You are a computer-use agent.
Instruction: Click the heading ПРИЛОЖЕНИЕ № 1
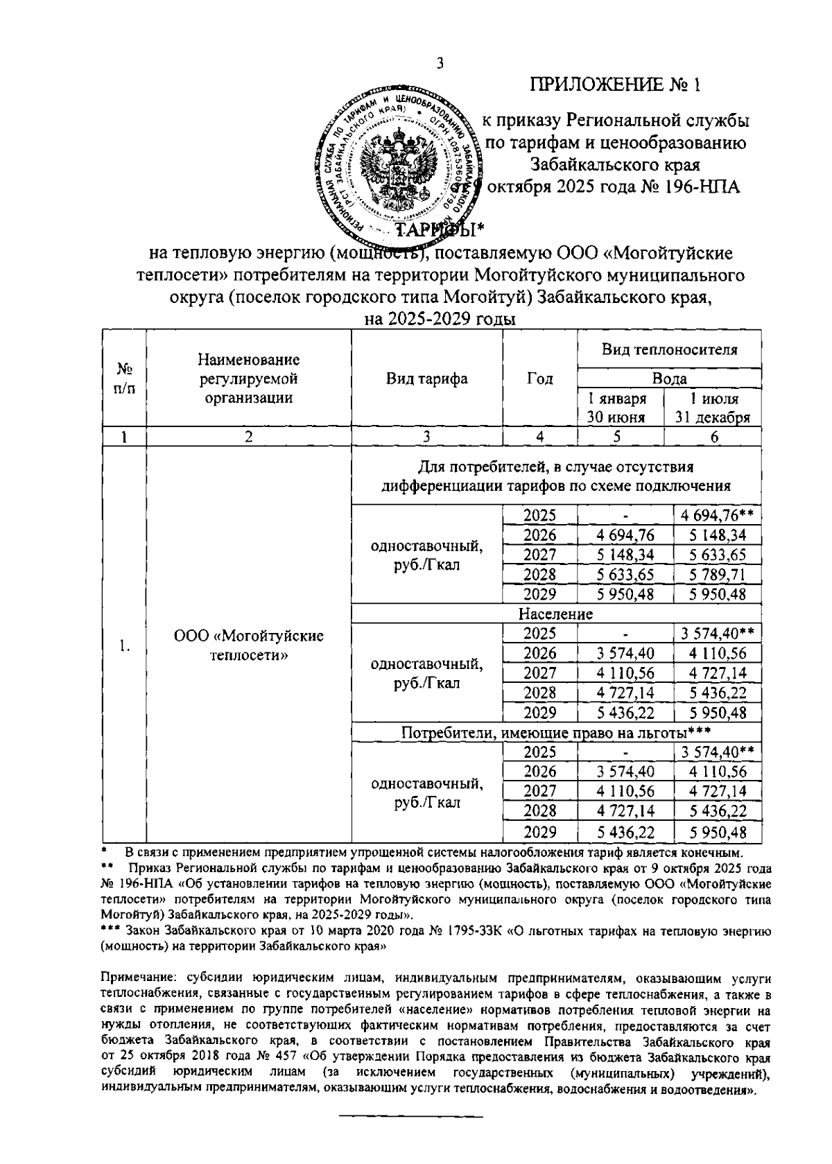(x=616, y=85)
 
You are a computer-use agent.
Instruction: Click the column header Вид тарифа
(x=426, y=379)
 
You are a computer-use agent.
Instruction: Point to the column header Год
(x=540, y=379)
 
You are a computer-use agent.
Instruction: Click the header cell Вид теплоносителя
(x=669, y=349)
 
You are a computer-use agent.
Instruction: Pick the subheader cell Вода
(x=669, y=379)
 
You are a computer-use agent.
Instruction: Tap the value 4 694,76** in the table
(x=716, y=515)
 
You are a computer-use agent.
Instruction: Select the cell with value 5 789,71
(x=713, y=574)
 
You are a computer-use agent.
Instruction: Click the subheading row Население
(x=556, y=614)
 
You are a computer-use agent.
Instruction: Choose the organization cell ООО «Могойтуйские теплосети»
(x=249, y=645)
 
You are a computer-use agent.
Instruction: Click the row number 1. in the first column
(x=124, y=646)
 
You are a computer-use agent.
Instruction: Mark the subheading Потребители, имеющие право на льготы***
(x=556, y=732)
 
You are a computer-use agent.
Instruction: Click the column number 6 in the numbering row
(x=713, y=436)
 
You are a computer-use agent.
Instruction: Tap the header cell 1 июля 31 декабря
(x=713, y=408)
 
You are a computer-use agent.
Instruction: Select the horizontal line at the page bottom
(x=410, y=1116)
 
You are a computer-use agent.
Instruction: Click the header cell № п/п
(x=124, y=379)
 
